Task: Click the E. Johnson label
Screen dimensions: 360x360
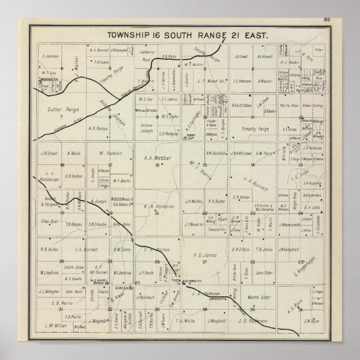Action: pos(50,56)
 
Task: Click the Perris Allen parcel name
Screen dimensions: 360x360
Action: pos(290,104)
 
